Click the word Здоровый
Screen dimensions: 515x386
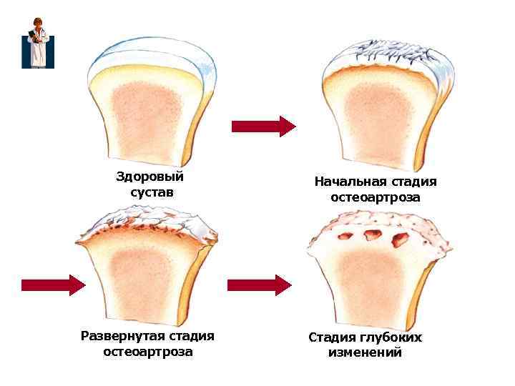click(x=149, y=177)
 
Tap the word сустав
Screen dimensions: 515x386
click(x=152, y=193)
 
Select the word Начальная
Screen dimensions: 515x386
click(x=349, y=182)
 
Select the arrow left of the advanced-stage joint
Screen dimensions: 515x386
click(x=53, y=285)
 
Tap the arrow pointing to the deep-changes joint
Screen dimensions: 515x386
click(x=258, y=285)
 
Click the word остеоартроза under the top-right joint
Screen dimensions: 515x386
click(x=376, y=197)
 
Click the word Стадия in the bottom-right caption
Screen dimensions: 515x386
click(x=333, y=337)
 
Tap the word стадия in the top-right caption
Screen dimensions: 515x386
click(x=409, y=182)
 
